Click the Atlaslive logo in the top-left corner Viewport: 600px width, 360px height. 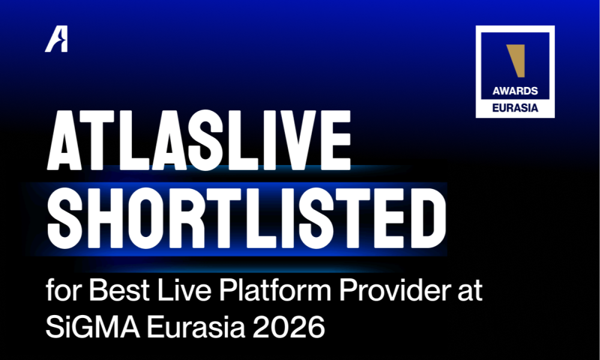coord(56,40)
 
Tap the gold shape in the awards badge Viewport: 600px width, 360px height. coord(515,61)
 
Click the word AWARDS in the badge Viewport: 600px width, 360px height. coord(515,92)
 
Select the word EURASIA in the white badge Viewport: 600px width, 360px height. coord(515,109)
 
